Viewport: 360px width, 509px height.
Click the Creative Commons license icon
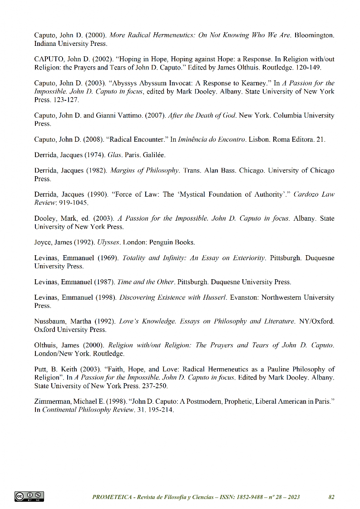coord(30,497)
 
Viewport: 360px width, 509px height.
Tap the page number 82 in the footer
coord(331,497)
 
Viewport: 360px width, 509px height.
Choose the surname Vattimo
coord(126,115)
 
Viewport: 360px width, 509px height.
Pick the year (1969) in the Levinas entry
coord(107,258)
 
